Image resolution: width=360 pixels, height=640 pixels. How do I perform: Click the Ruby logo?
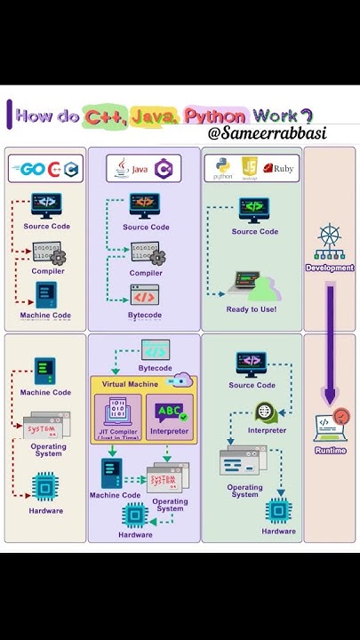(x=278, y=168)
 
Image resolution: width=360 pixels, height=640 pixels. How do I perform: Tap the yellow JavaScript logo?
(x=250, y=166)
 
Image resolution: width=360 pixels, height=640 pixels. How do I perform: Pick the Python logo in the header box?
(x=222, y=167)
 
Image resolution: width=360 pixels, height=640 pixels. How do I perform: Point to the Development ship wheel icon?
(x=329, y=243)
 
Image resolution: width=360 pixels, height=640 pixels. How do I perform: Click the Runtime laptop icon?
(x=330, y=428)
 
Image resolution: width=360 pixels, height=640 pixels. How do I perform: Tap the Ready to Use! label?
(x=251, y=309)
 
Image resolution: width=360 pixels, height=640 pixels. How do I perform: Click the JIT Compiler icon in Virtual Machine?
(x=116, y=412)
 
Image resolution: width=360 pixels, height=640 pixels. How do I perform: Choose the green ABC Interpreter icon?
(x=168, y=412)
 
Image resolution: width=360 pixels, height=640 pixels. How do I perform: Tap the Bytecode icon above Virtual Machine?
(x=155, y=349)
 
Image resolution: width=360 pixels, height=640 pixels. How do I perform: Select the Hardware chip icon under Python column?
(x=278, y=510)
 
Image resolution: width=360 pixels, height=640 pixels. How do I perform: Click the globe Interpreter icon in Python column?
(x=267, y=412)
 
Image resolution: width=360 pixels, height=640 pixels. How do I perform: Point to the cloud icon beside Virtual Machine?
(x=183, y=380)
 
